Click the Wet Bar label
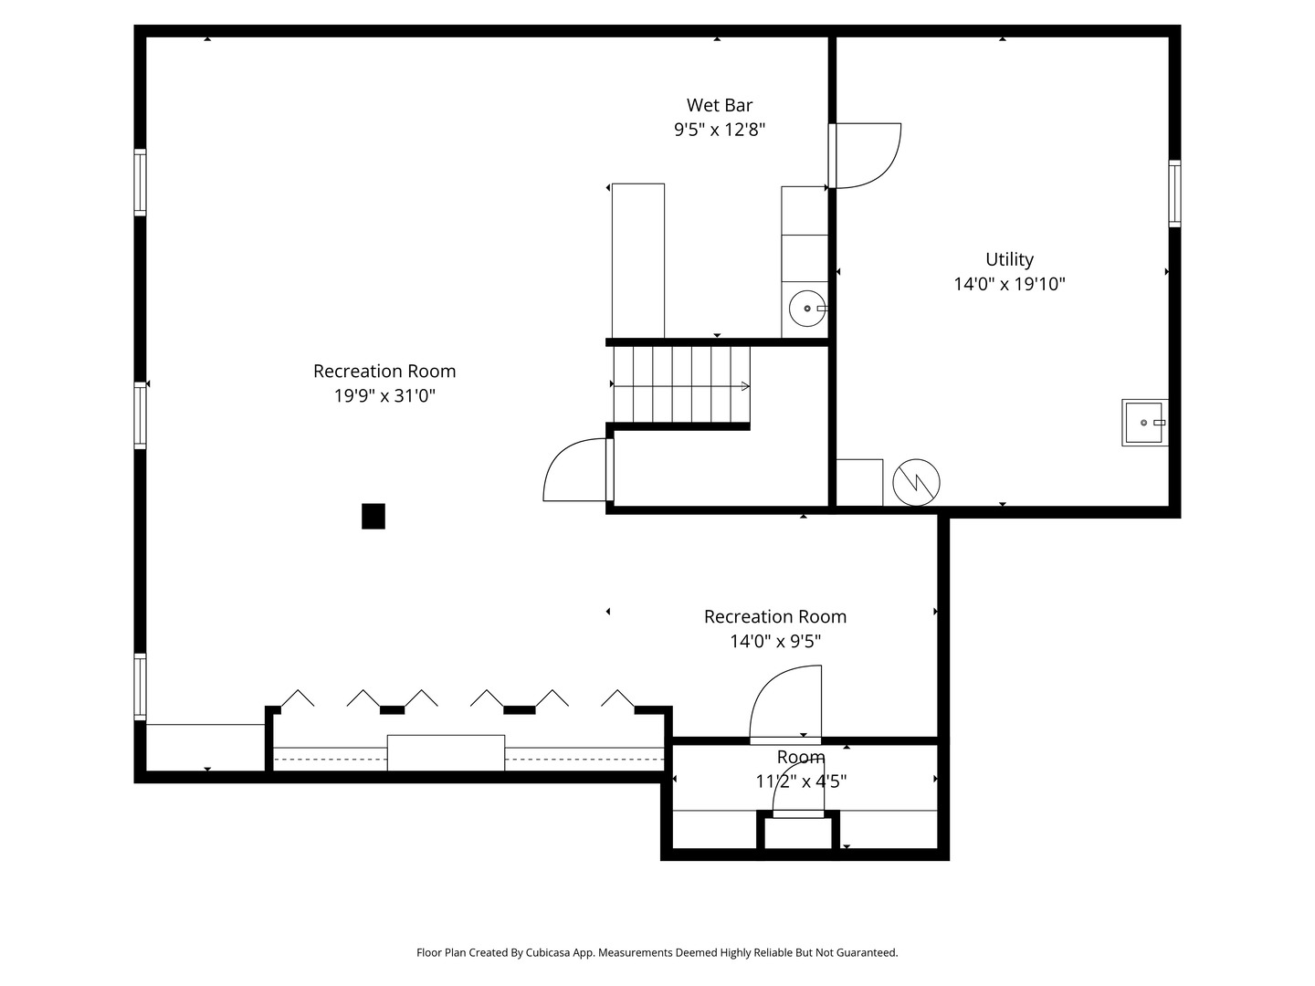point(719,105)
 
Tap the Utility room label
point(1009,260)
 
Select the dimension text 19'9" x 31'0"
point(384,395)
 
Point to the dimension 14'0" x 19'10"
point(1009,284)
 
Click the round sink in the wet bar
point(807,309)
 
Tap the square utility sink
point(1144,423)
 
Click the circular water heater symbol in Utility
point(916,483)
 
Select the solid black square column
point(373,516)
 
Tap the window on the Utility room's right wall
point(1174,194)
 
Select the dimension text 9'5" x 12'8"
point(720,130)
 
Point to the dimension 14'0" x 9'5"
point(775,641)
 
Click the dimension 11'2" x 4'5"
point(801,781)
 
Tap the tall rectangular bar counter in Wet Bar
point(638,261)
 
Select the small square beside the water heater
point(859,483)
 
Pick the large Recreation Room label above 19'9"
point(384,372)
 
